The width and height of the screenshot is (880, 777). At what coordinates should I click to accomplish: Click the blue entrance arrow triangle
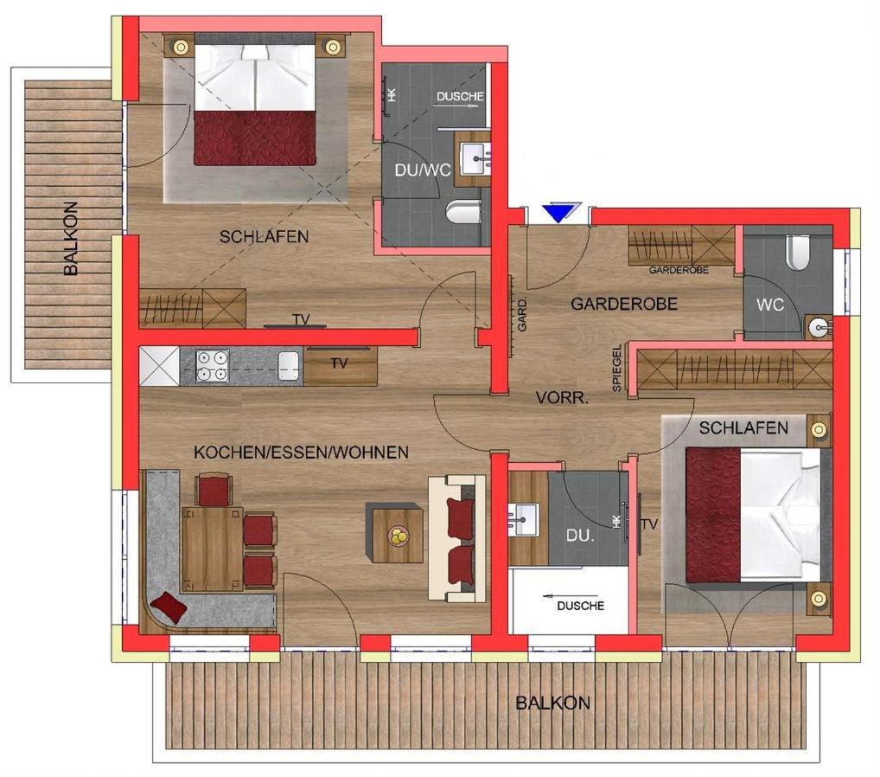[559, 212]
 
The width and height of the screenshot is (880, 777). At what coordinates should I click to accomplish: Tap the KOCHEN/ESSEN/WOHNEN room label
[302, 453]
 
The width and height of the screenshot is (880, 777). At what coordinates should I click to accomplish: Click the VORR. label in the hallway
[562, 398]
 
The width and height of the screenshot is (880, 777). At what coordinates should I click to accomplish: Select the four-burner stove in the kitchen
[212, 365]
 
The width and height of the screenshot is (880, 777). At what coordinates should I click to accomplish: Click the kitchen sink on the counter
[289, 366]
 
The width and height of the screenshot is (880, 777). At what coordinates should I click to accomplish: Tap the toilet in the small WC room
[798, 252]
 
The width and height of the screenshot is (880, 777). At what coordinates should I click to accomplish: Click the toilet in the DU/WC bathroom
[463, 212]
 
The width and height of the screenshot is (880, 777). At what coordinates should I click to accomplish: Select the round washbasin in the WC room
[819, 326]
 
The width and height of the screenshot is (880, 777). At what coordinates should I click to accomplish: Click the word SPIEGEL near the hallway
[617, 368]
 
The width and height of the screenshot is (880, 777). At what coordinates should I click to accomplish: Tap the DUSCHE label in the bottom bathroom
[581, 606]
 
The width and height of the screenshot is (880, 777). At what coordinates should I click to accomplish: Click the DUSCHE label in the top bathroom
[460, 96]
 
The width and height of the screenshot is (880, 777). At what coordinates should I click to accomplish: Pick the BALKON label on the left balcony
[71, 238]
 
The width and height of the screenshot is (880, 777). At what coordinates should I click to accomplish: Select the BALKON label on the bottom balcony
[552, 703]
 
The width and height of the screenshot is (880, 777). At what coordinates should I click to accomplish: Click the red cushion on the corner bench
[168, 607]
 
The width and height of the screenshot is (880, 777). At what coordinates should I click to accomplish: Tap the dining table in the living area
[213, 549]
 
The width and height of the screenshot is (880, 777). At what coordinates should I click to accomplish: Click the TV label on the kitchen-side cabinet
[339, 363]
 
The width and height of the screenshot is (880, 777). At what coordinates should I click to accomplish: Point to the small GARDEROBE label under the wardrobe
[679, 270]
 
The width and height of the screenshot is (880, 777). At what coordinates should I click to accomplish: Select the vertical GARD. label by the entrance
[522, 315]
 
